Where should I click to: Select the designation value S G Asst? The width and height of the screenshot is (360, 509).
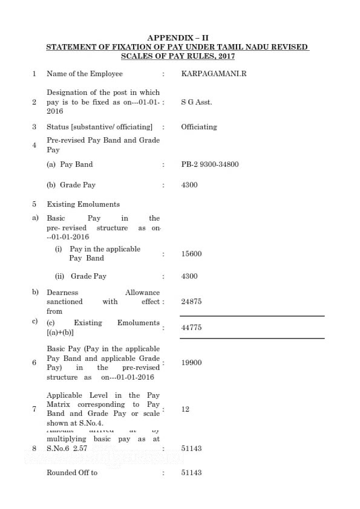click(x=197, y=102)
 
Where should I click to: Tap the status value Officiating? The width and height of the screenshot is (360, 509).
click(x=198, y=127)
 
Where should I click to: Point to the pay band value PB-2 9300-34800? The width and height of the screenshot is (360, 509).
click(x=209, y=164)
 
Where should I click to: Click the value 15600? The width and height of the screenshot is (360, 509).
click(x=191, y=254)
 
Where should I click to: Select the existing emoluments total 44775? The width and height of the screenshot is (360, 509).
click(x=191, y=328)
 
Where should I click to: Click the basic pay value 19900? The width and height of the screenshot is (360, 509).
click(x=191, y=363)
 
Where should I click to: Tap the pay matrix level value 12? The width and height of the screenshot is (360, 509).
click(x=185, y=409)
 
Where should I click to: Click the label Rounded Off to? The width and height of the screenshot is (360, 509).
click(x=72, y=473)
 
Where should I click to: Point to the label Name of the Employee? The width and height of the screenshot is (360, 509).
click(x=85, y=74)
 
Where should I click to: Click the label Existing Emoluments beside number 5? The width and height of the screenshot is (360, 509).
click(x=83, y=204)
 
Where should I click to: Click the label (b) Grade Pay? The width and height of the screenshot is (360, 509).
click(x=71, y=185)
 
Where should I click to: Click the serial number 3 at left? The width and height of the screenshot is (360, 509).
click(x=34, y=127)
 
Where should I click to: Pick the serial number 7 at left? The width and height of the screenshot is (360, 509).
click(x=34, y=409)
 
